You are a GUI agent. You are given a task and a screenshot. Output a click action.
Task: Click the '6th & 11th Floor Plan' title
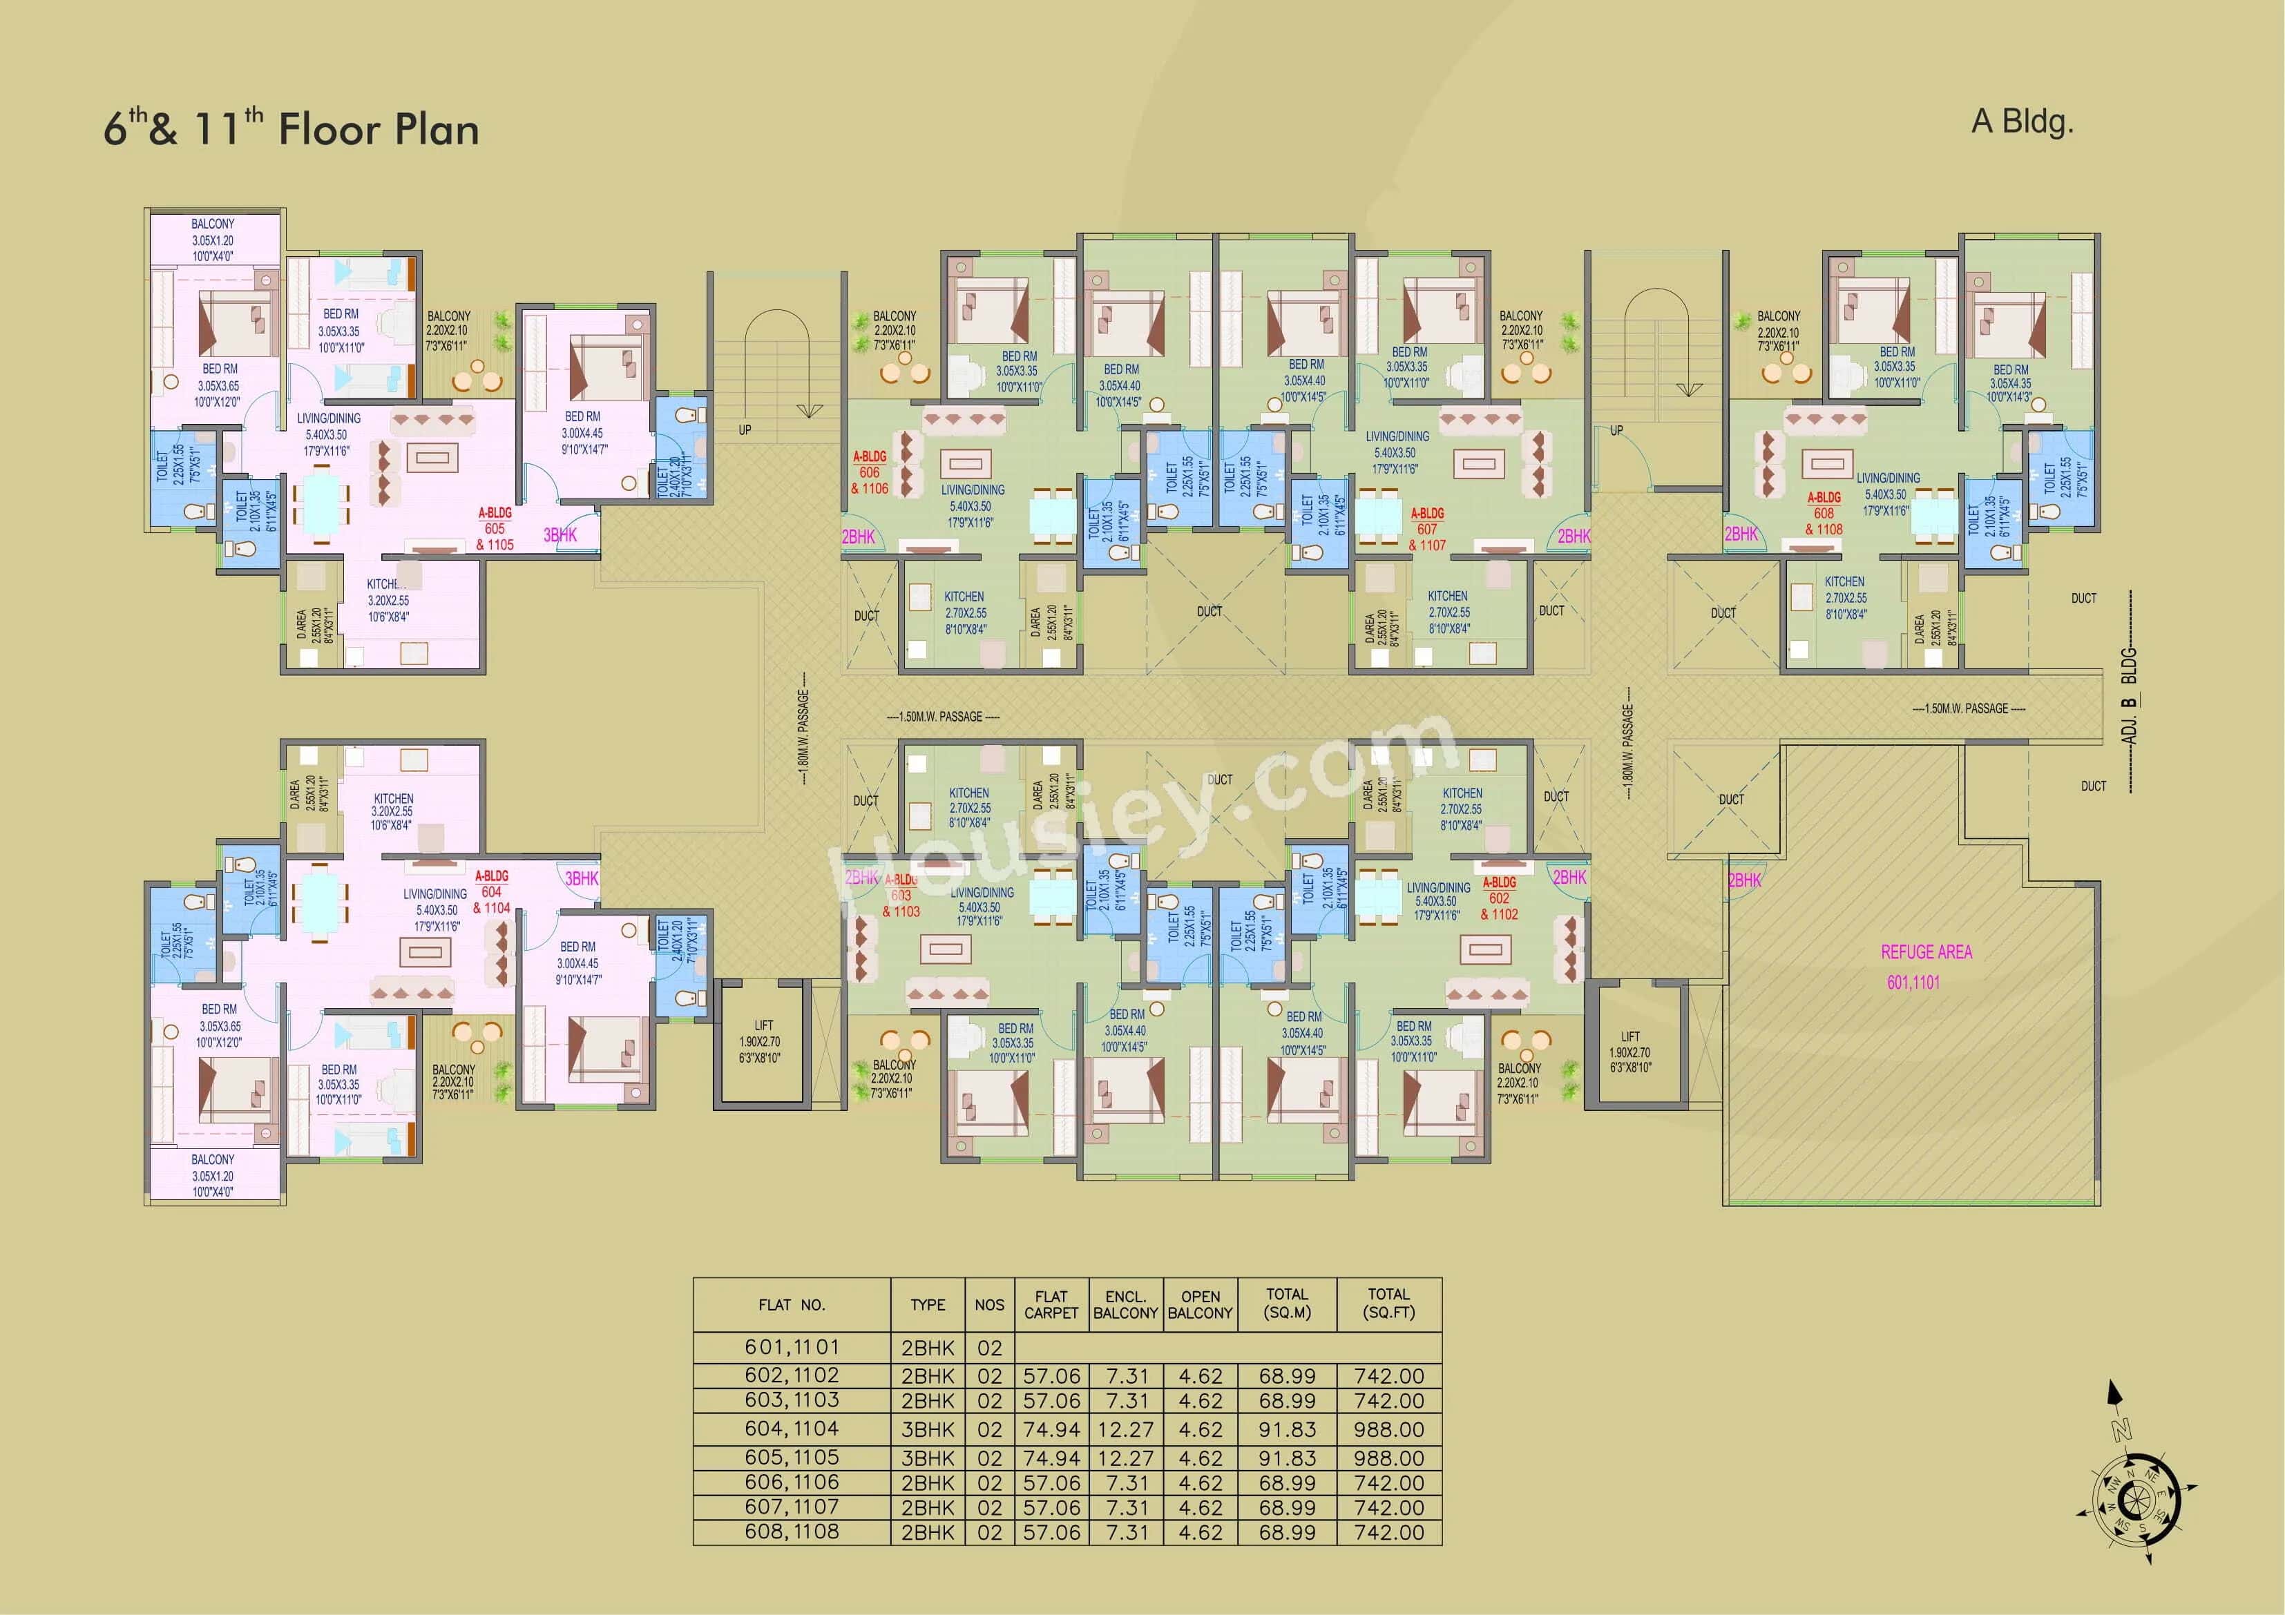point(291,129)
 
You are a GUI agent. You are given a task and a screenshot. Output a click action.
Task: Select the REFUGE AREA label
point(1926,952)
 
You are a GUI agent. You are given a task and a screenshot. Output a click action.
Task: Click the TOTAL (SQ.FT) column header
point(1388,1304)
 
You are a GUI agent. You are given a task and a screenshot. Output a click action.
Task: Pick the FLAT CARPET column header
point(1051,1304)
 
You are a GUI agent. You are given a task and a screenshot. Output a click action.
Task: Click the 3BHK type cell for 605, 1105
point(928,1458)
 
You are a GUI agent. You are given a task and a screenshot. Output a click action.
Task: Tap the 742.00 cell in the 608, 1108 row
point(1388,1532)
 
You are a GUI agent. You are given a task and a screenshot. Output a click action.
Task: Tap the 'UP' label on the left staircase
point(745,430)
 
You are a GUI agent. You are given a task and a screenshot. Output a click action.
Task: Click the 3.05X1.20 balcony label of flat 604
point(213,1175)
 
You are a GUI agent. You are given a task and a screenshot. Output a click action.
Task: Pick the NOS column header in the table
point(989,1304)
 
